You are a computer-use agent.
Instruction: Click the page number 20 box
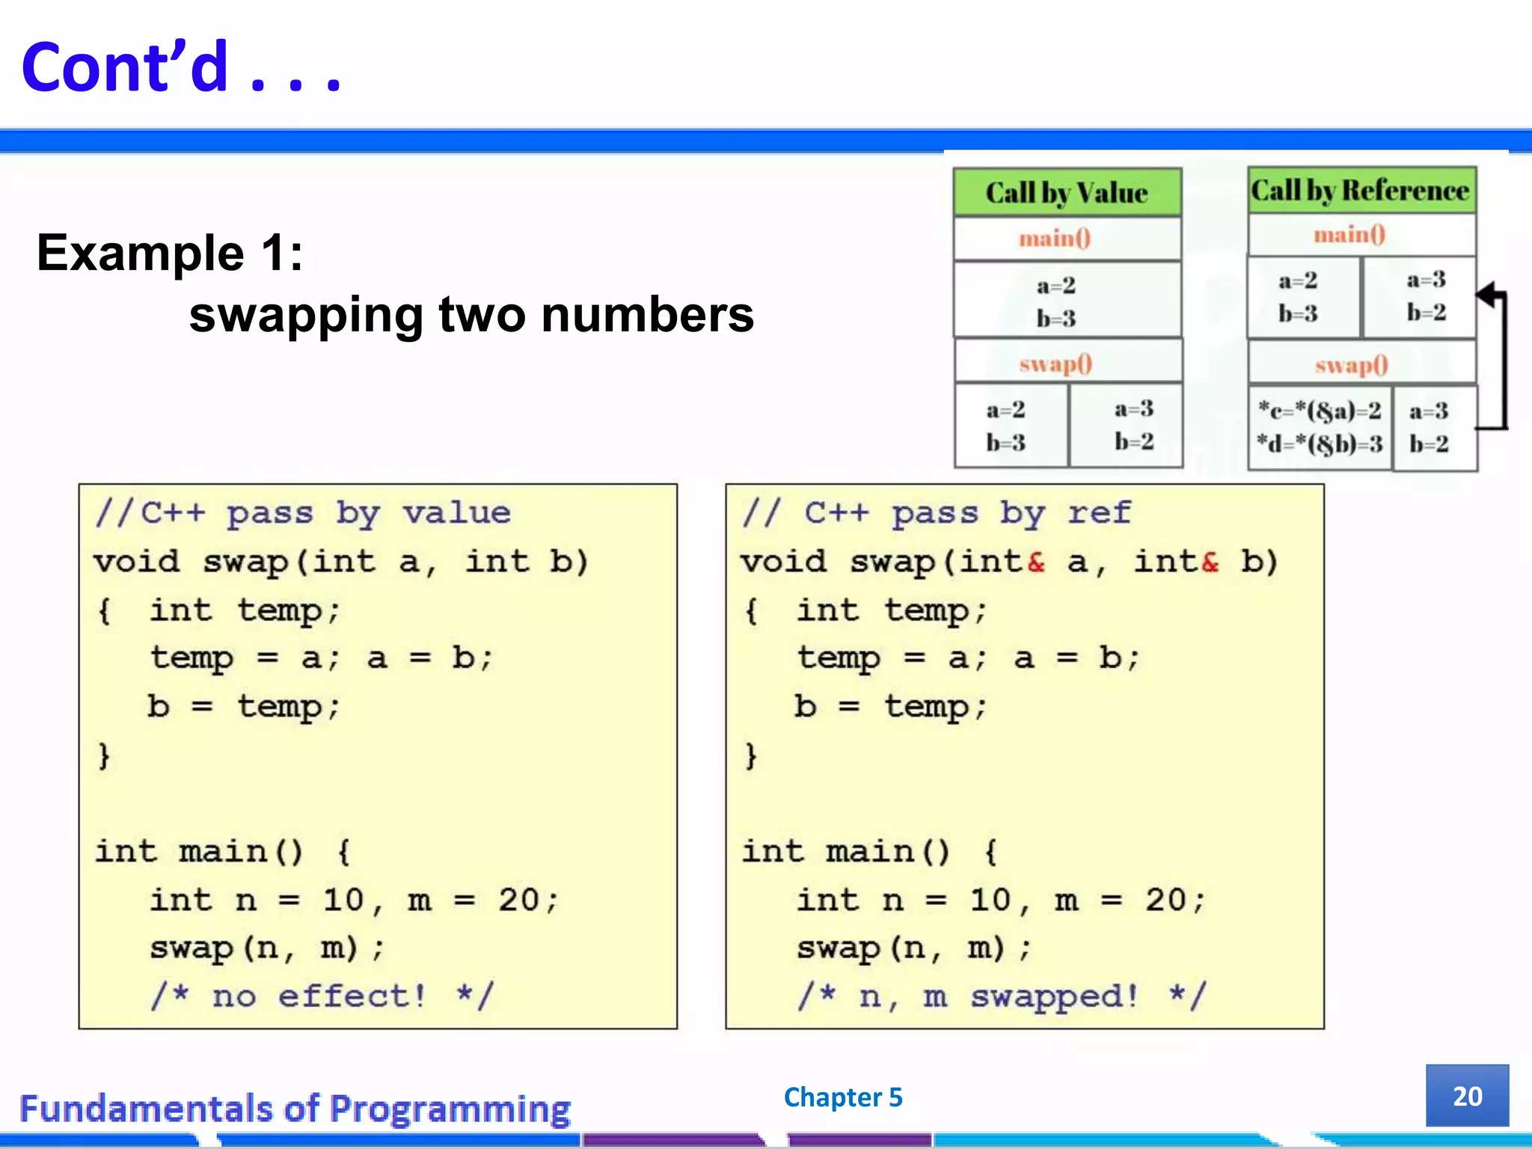(1466, 1096)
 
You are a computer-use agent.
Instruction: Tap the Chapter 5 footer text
(843, 1097)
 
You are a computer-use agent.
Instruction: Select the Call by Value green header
(1067, 193)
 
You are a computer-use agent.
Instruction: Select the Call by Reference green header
(1361, 191)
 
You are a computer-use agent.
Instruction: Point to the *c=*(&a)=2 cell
(1320, 411)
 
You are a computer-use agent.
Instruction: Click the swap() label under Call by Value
(1055, 364)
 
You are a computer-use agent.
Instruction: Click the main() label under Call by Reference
(1349, 235)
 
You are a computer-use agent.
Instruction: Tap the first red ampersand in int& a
(1036, 562)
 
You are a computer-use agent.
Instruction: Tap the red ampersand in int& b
(1210, 562)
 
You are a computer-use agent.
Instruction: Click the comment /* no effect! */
(322, 996)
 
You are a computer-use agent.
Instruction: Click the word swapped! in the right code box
(1054, 996)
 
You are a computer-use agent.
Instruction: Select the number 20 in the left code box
(518, 900)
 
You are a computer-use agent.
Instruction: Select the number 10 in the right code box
(990, 900)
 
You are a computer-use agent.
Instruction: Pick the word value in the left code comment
(456, 513)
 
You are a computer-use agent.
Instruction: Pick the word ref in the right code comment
(1099, 513)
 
